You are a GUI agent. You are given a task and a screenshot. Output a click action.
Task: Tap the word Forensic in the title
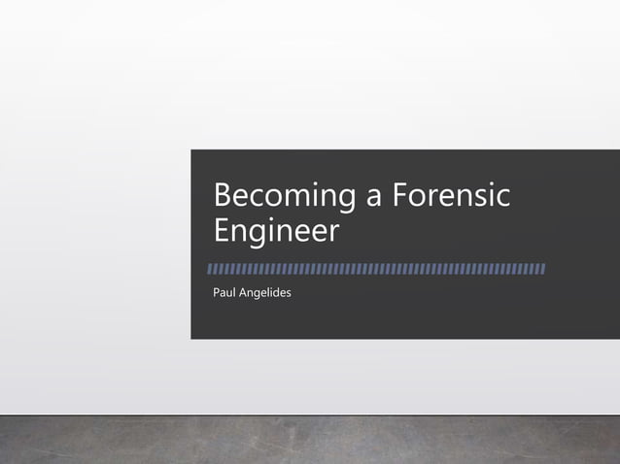[451, 196]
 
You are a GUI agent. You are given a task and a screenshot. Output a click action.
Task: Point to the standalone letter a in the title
[374, 199]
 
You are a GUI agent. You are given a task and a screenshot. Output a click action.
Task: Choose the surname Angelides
[265, 291]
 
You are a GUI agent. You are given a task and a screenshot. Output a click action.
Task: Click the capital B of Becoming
[223, 196]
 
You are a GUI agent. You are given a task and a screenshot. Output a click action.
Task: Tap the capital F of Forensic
[399, 196]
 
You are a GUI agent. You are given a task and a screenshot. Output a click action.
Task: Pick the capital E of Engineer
[222, 232]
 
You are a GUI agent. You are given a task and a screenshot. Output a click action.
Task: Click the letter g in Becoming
[346, 201]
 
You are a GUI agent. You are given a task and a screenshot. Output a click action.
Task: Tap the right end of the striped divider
[542, 268]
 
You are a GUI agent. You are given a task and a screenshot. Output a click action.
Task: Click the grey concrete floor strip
[310, 441]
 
